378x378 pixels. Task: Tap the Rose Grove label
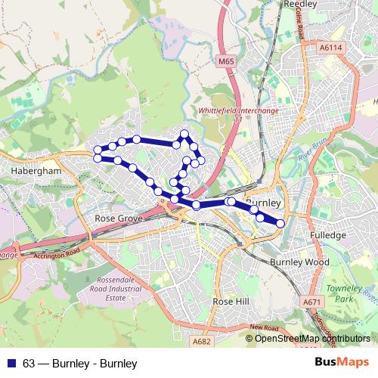[x=115, y=218]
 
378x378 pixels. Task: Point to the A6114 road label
[x=330, y=47]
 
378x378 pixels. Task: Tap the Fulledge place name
[x=328, y=236]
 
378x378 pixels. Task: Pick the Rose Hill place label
[x=231, y=301]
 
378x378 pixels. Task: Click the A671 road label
[x=311, y=302]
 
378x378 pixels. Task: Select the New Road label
[x=266, y=327]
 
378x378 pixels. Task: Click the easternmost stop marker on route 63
[x=280, y=223]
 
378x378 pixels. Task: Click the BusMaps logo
[x=342, y=364]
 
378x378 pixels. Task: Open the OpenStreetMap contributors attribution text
[x=312, y=339]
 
